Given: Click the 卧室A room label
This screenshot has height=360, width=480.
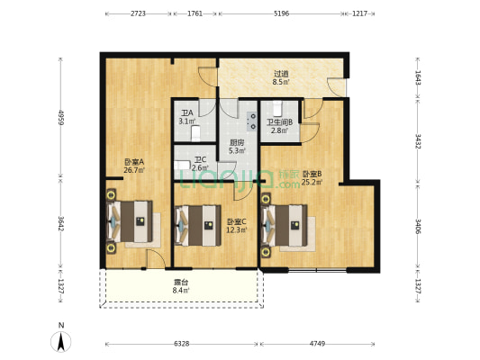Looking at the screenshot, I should tap(134, 165).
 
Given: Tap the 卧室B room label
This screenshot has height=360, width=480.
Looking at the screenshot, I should tap(312, 178).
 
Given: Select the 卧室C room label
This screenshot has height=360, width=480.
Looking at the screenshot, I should tap(237, 225).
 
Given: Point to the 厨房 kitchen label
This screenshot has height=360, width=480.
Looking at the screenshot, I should tap(238, 147).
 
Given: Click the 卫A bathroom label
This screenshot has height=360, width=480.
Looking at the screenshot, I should tap(186, 117).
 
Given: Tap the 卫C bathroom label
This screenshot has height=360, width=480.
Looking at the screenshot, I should tap(201, 164).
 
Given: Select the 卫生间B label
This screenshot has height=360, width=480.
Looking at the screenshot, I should tap(278, 126).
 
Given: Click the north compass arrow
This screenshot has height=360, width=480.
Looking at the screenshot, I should tap(60, 341).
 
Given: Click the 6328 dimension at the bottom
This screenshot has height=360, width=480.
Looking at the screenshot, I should tap(182, 343).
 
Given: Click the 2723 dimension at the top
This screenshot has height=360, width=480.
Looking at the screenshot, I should tap(139, 14).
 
